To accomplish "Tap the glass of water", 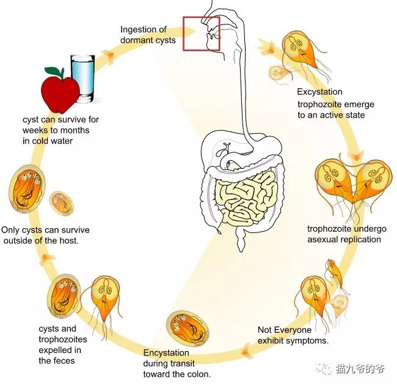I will click(82, 77).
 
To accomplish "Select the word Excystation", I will click(319, 92).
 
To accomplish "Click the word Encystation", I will click(166, 353).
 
